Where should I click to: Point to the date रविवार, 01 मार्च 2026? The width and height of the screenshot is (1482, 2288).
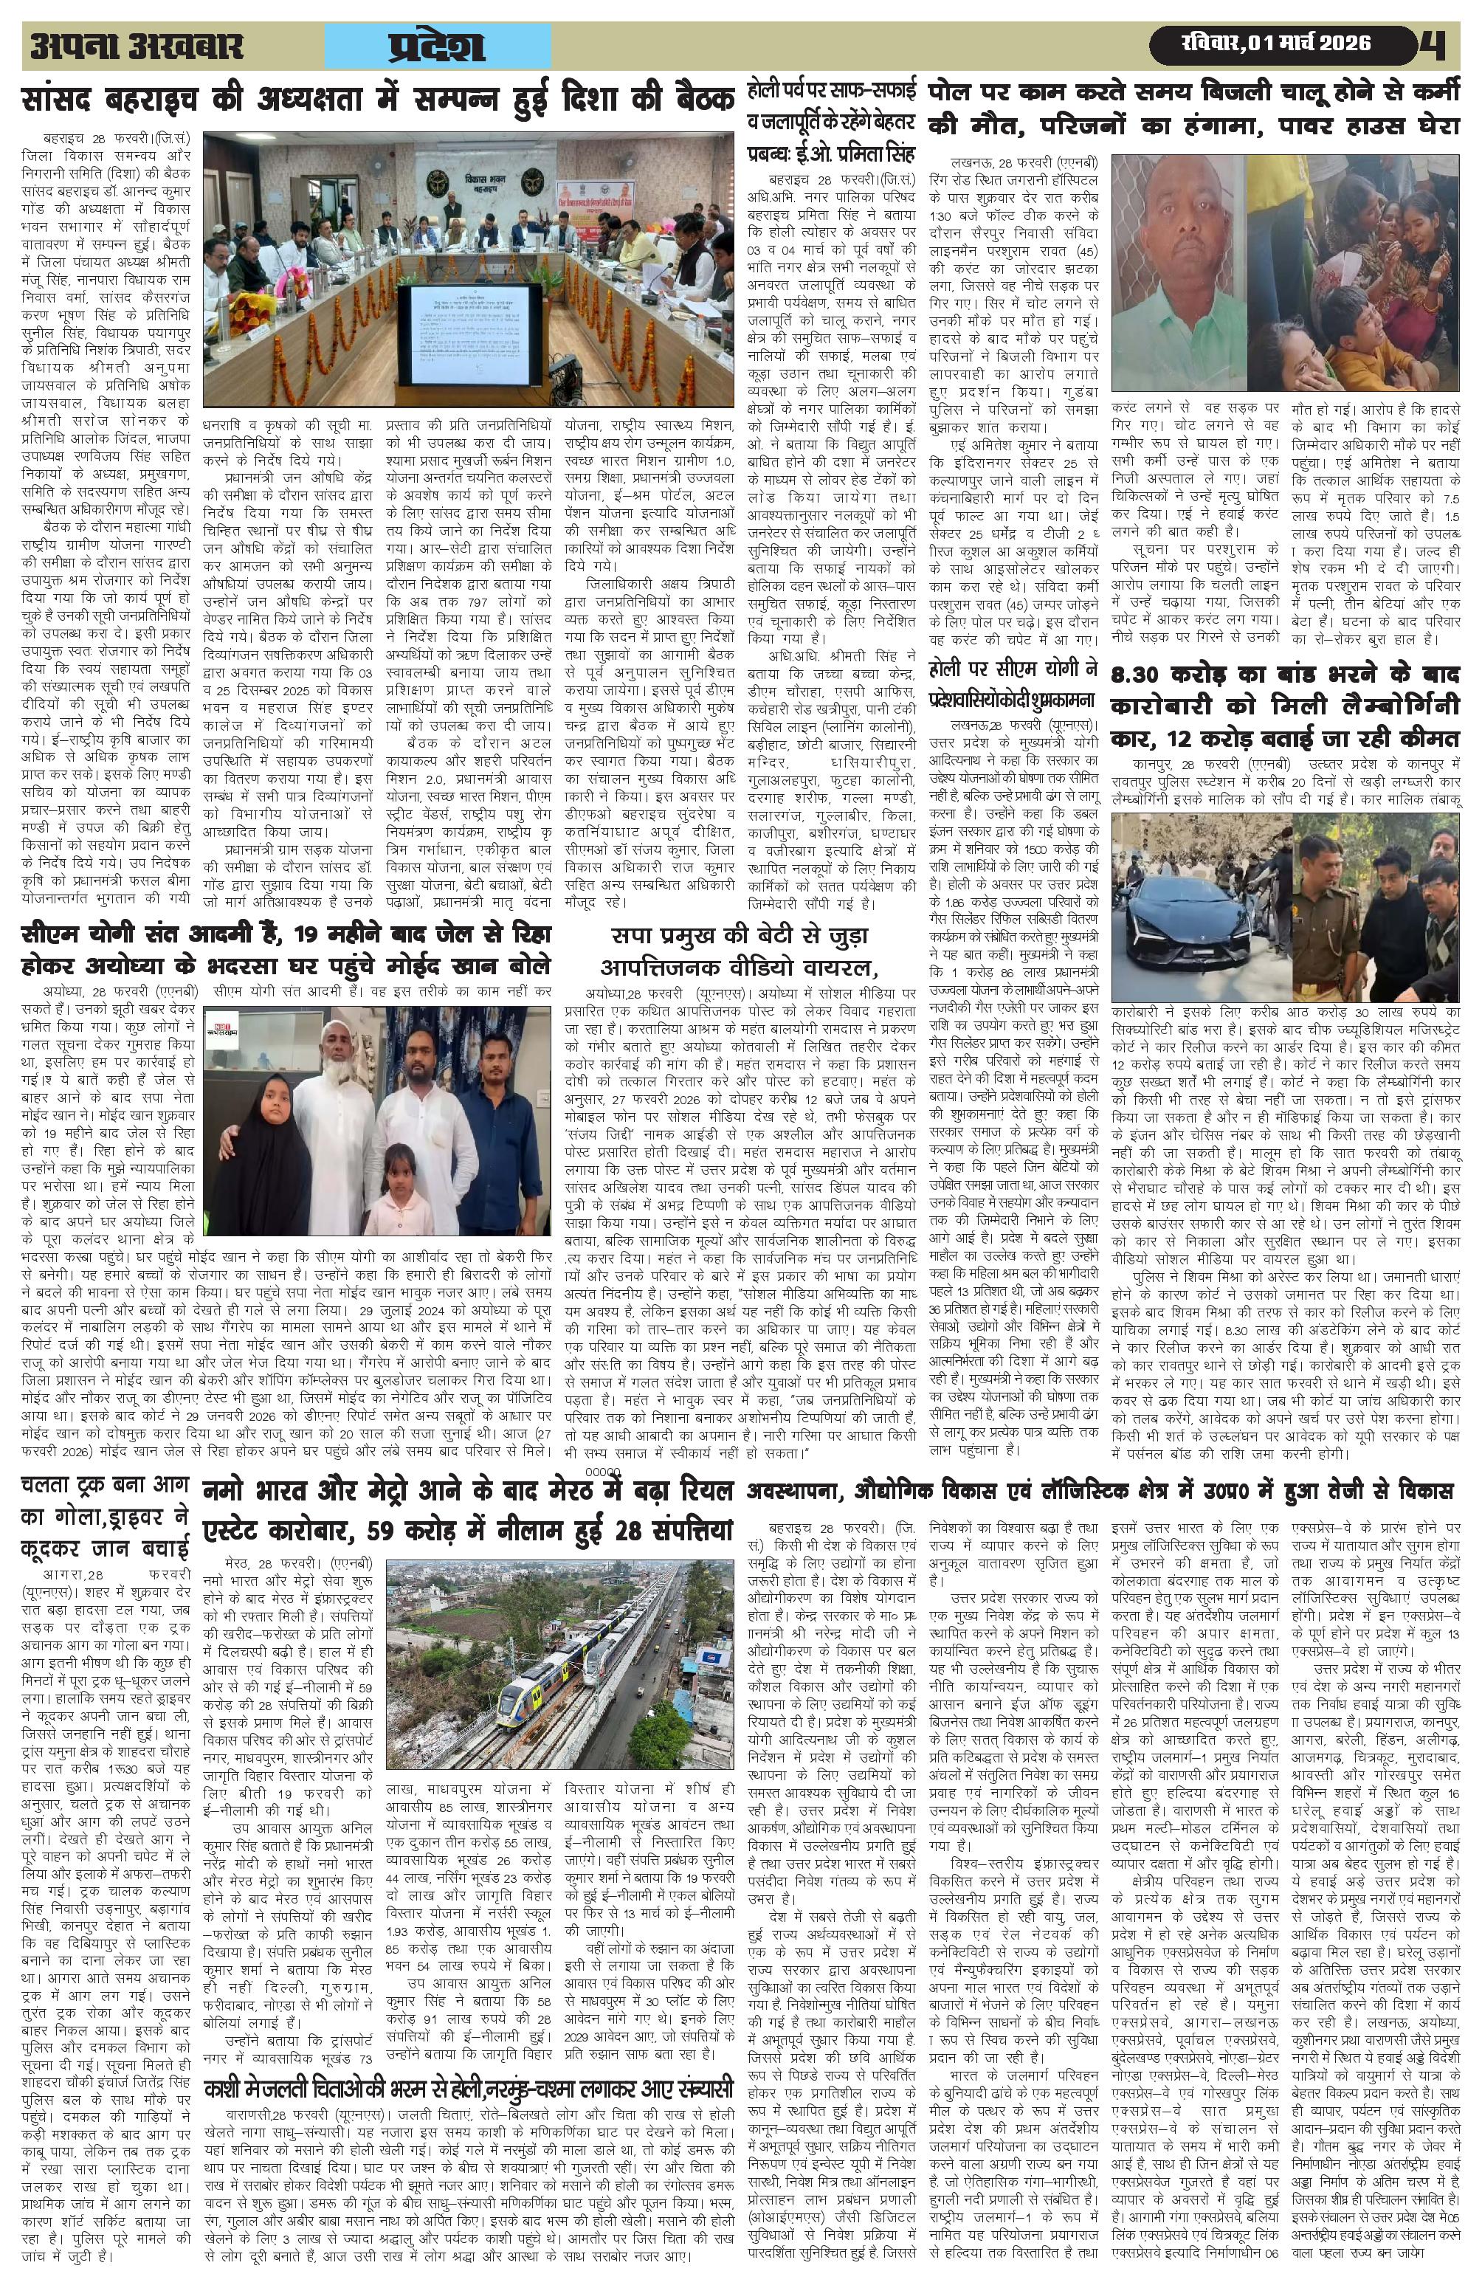[1275, 44]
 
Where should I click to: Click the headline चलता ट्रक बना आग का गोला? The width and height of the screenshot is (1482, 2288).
[106, 1519]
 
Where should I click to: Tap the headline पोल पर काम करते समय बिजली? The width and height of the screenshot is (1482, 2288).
[1193, 108]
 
